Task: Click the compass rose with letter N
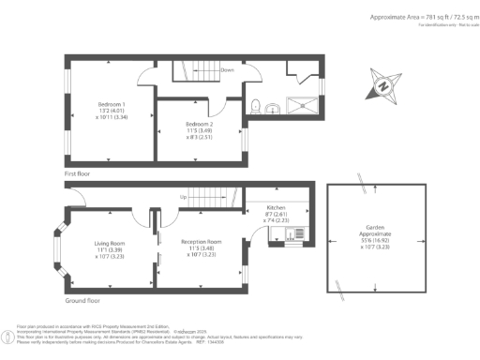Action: coord(383,85)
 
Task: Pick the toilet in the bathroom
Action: coord(256,104)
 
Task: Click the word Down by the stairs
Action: coord(227,69)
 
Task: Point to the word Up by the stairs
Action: coord(183,198)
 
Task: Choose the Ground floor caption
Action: coord(82,301)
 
